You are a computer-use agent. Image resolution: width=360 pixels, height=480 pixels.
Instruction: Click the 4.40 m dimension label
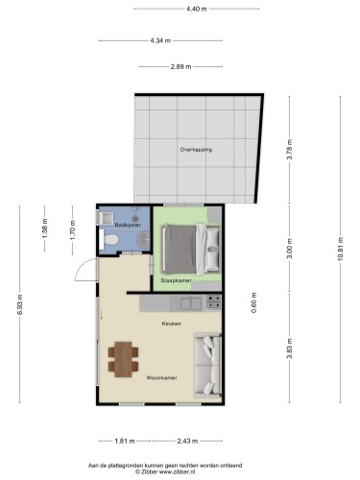(x=197, y=9)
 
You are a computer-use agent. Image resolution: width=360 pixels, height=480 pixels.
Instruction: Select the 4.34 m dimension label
(x=160, y=40)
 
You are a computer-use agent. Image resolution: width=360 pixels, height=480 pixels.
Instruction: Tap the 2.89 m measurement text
(x=180, y=66)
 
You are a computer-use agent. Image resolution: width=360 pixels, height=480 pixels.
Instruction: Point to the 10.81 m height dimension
(x=340, y=249)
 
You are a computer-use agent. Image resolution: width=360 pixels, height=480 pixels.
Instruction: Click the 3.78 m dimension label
(x=290, y=150)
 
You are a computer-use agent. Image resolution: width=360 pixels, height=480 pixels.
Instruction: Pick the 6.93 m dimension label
(x=20, y=304)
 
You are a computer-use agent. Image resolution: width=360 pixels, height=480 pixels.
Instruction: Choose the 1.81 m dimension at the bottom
(x=125, y=441)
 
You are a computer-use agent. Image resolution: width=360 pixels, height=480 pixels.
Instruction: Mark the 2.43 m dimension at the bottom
(x=187, y=441)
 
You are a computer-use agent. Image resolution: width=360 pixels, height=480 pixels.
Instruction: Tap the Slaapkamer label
(x=176, y=280)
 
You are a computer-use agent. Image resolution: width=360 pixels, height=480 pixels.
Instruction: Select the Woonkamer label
(x=161, y=378)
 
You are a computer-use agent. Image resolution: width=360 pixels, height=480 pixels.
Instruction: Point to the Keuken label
(x=171, y=324)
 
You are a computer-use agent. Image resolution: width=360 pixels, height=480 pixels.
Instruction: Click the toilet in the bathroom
(x=108, y=239)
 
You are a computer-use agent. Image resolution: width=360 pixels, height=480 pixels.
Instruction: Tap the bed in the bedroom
(x=191, y=250)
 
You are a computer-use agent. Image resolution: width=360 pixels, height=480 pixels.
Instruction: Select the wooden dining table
(x=123, y=359)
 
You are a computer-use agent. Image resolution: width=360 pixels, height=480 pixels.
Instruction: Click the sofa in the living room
(x=207, y=365)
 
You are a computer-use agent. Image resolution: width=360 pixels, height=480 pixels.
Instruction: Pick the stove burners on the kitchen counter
(x=213, y=302)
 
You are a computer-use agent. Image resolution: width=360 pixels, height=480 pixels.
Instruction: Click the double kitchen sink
(x=191, y=303)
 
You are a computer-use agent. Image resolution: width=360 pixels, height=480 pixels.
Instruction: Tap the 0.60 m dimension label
(x=254, y=302)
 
